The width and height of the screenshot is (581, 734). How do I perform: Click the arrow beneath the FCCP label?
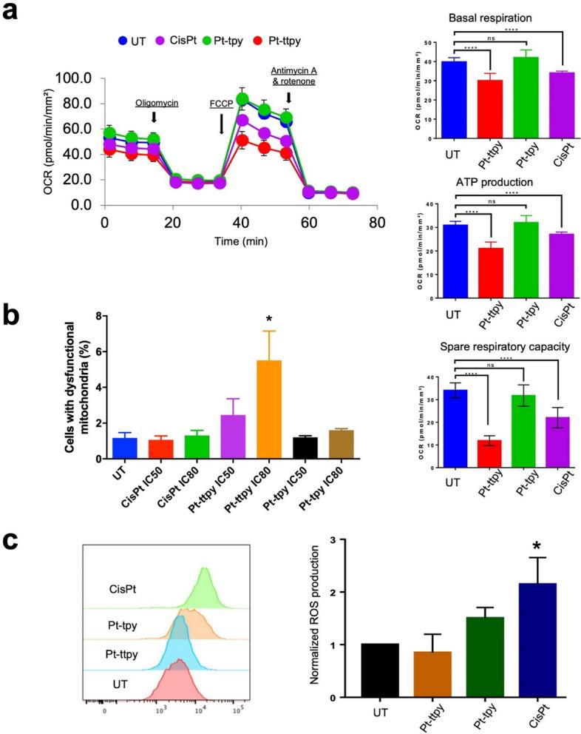(222, 123)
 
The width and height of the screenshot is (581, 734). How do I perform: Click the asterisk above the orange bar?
(269, 320)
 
